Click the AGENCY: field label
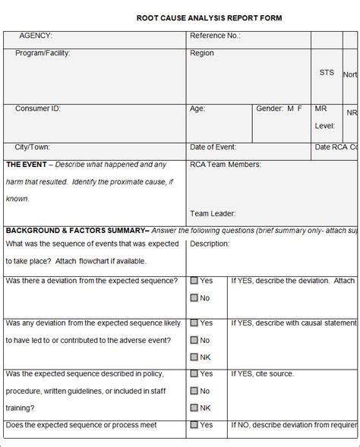click(x=36, y=36)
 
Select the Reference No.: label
click(x=215, y=36)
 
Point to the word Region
click(x=202, y=53)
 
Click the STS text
click(x=327, y=73)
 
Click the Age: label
click(x=197, y=109)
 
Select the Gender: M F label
click(x=279, y=109)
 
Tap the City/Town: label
click(x=33, y=147)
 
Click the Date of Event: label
click(x=213, y=147)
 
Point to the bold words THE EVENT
click(x=27, y=165)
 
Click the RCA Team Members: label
click(x=226, y=165)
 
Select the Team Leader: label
click(x=213, y=214)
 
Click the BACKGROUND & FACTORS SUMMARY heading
click(x=77, y=230)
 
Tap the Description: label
click(x=210, y=244)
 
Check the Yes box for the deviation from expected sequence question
click(x=194, y=281)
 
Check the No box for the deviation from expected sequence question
click(x=194, y=298)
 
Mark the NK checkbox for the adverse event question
click(x=194, y=357)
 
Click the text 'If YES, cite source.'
click(x=263, y=373)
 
